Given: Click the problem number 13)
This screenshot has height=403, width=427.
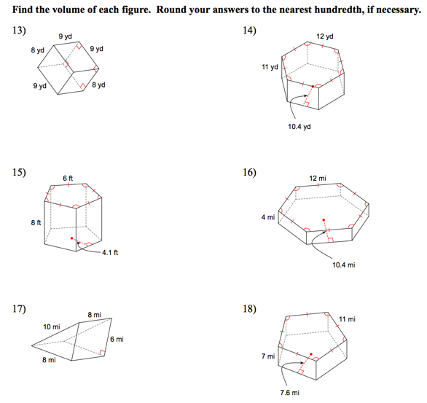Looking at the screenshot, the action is coord(19,30).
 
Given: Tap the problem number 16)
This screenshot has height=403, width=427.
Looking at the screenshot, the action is coord(249,172).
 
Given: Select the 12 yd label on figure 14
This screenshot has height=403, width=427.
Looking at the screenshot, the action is coord(324,36).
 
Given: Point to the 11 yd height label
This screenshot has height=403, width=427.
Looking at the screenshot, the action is coord(270,67).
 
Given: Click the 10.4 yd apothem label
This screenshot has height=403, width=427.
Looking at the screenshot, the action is coord(299,127).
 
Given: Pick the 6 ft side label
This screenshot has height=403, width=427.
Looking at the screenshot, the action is coord(68,178).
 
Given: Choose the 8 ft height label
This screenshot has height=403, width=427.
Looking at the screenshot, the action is coord(36,222).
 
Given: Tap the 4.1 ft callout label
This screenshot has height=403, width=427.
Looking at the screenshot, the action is coord(110,253).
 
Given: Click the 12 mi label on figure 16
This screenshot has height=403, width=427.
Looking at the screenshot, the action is coord(318,179).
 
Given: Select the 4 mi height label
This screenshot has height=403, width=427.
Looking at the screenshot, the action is coord(268,217).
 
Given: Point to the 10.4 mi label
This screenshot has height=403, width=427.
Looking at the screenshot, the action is coord(344,265).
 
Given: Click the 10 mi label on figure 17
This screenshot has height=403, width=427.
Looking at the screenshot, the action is coord(52,326).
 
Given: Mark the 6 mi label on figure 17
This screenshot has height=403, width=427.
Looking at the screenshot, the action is coord(117,340).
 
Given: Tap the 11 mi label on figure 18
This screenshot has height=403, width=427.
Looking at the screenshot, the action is coord(347,319).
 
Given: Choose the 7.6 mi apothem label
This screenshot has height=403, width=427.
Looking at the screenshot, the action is coord(290,393).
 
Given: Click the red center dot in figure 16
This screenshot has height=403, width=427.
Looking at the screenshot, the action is coord(324,220).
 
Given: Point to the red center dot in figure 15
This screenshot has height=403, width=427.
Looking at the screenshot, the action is coord(72,238).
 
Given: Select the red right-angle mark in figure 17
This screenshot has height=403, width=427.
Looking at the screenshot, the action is coord(102,353).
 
